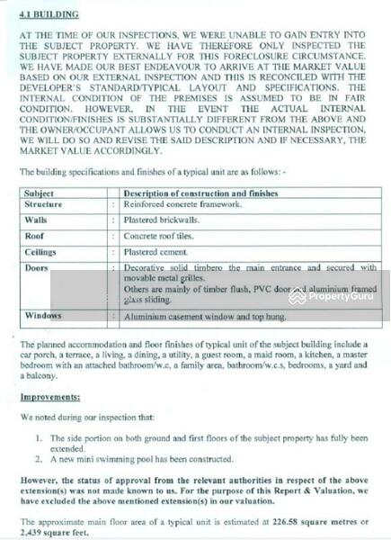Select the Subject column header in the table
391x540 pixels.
(x=40, y=193)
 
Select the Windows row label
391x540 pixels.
(x=43, y=316)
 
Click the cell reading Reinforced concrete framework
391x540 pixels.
(x=183, y=205)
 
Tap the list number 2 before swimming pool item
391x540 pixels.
(x=40, y=459)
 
